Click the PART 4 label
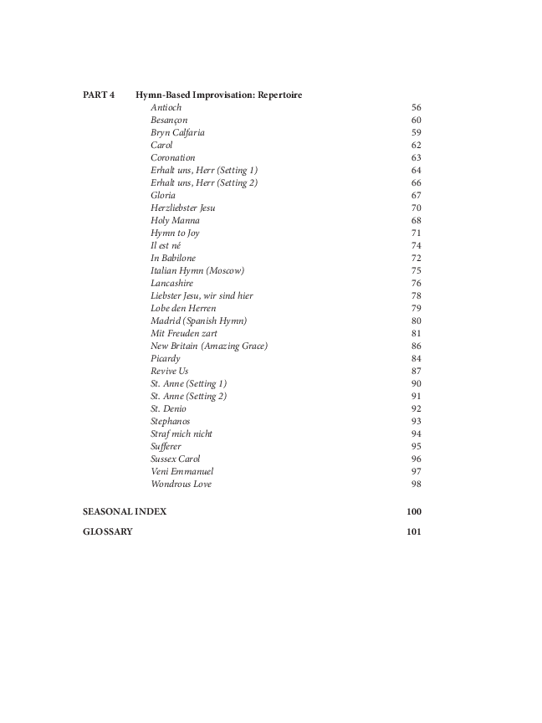(99, 95)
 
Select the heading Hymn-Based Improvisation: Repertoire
(218, 95)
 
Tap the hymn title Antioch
(166, 108)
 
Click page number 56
(416, 108)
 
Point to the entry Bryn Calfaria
(177, 133)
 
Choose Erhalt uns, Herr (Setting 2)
(203, 183)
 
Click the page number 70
(416, 208)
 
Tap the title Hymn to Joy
(175, 233)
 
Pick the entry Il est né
(166, 246)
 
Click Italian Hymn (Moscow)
(197, 271)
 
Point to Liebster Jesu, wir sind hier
(202, 296)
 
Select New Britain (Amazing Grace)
(209, 346)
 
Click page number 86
(416, 346)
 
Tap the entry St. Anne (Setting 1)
(188, 384)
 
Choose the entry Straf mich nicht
(182, 434)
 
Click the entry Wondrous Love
(181, 485)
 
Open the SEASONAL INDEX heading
(124, 511)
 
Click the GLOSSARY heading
(107, 531)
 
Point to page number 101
(414, 531)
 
